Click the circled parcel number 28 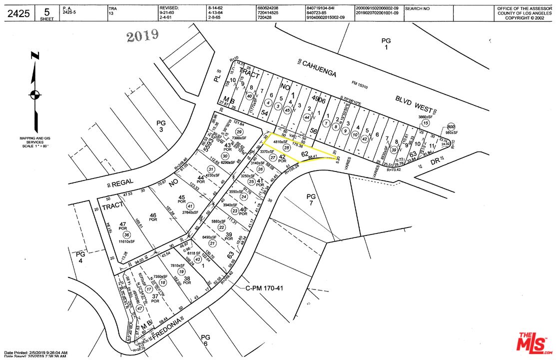(286, 148)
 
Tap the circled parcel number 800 (452, 126)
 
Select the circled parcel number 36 (127, 235)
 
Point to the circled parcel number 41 (189, 206)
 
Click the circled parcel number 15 (426, 122)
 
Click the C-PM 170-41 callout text (264, 288)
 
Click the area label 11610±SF (127, 242)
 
